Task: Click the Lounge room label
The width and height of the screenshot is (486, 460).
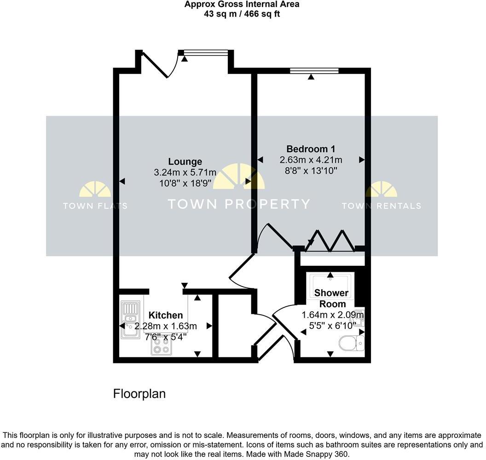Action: coord(185,161)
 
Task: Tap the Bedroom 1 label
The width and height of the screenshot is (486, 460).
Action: coord(311,149)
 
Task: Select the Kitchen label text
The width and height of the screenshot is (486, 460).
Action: coord(166,316)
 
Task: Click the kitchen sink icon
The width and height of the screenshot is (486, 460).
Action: coord(130,319)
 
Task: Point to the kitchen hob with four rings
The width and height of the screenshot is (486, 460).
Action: coord(161,346)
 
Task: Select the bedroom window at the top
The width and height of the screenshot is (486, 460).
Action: coord(314,70)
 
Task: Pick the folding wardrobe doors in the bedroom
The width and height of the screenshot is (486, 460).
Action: coord(331,240)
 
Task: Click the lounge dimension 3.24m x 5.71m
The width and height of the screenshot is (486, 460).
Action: coord(185,172)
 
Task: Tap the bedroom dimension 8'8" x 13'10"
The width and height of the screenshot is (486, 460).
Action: coord(311,171)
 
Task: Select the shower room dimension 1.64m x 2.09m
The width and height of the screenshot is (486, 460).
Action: coord(332,315)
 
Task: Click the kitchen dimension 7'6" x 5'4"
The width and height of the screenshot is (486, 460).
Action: coord(166,337)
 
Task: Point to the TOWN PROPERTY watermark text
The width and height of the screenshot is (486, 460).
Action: coord(238,204)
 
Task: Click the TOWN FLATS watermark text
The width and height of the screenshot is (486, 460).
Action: coord(95,206)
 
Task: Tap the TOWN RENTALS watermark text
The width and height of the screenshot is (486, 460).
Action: coord(381,206)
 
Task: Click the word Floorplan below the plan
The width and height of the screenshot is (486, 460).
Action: coord(139,394)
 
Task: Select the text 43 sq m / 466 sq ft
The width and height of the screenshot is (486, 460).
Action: coord(242,14)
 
